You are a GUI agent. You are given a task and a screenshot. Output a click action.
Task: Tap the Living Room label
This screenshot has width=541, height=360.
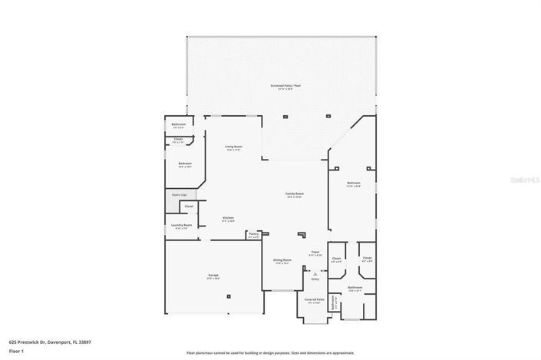233,147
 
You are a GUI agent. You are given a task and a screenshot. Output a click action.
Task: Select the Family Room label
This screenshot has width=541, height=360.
295,195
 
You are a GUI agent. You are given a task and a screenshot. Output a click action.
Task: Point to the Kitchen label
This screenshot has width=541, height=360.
228,220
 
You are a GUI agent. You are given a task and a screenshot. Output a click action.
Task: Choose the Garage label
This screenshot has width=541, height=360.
213,277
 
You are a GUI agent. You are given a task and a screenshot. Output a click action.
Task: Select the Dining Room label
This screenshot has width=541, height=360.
282,261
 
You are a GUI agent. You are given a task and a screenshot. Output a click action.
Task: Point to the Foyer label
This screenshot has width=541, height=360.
315,252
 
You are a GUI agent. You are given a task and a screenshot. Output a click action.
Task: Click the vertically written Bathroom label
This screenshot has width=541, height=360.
333,306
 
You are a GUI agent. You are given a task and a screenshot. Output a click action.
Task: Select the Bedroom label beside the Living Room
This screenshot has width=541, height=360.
185,163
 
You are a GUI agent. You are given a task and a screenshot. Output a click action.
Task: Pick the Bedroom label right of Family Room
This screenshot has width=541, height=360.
353,183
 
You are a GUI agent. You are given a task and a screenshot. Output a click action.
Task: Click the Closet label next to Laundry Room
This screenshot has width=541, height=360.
188,206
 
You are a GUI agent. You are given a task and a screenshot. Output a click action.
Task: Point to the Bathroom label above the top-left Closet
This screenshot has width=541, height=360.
179,124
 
